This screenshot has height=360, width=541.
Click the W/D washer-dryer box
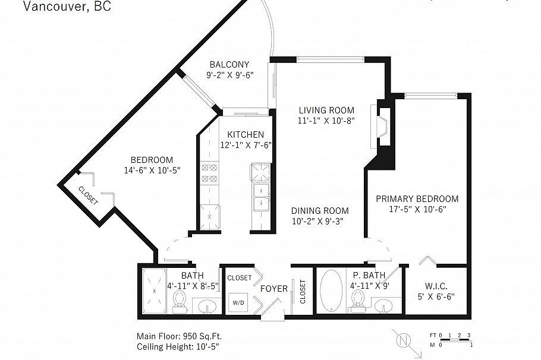pyautogui.click(x=238, y=301)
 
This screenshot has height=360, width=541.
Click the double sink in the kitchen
pyautogui.click(x=261, y=197)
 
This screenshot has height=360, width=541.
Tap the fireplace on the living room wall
pyautogui.click(x=381, y=126)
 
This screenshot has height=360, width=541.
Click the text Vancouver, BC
pyautogui.click(x=67, y=7)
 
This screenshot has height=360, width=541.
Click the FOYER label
pyautogui.click(x=274, y=289)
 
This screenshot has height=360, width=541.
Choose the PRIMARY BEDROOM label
pyautogui.click(x=417, y=199)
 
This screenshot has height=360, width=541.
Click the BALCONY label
pyautogui.click(x=229, y=65)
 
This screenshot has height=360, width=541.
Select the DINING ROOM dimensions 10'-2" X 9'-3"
pyautogui.click(x=319, y=221)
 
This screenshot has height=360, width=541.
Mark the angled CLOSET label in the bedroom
pyautogui.click(x=88, y=195)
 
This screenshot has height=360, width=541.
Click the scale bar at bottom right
pyautogui.click(x=452, y=340)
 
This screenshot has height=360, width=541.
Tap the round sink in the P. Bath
pyautogui.click(x=383, y=305)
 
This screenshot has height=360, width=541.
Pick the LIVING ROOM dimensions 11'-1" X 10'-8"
pyautogui.click(x=326, y=121)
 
